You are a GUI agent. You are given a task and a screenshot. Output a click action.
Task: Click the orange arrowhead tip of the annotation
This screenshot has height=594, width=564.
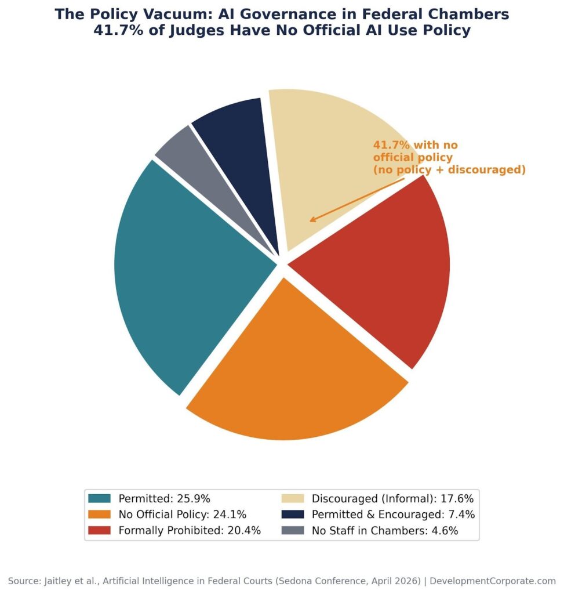point(310,221)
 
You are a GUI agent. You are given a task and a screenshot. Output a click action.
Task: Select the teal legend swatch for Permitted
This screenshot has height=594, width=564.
point(100,498)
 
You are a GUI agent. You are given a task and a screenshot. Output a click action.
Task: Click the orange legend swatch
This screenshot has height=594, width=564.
point(100,514)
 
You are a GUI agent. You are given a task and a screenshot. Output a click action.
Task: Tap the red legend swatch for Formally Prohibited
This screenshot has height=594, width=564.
point(100,530)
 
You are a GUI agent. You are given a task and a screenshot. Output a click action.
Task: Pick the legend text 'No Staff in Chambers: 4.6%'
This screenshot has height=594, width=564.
point(385,530)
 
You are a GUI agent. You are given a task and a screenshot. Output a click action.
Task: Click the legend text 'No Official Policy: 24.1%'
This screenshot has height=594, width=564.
point(183,514)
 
